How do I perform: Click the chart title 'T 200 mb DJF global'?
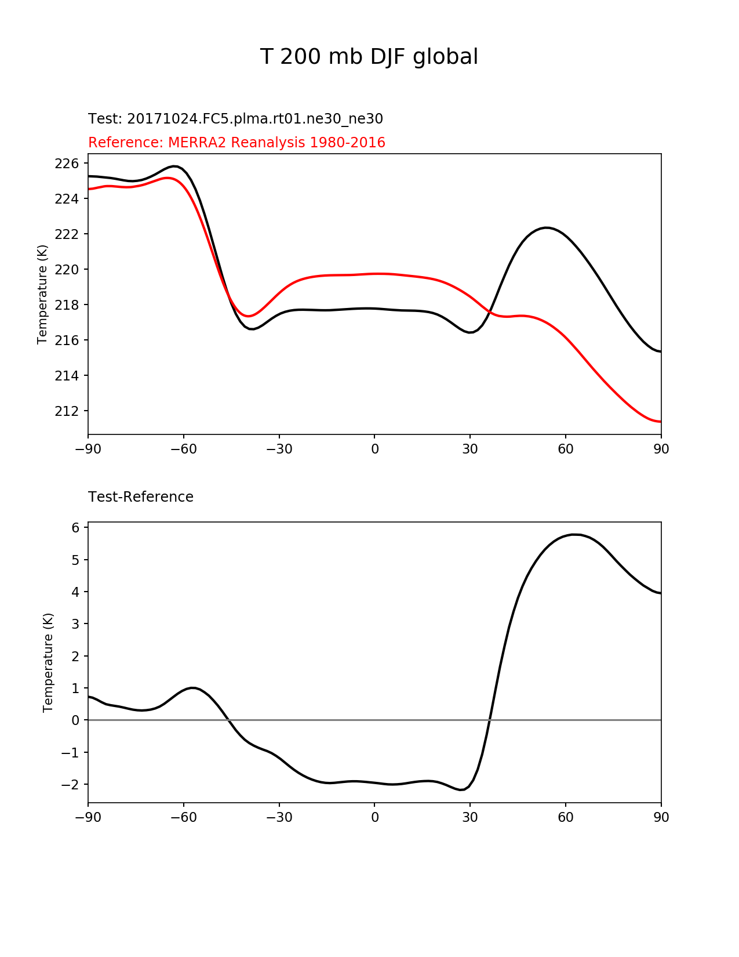click(369, 57)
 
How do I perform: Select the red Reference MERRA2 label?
click(236, 143)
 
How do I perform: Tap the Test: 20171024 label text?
click(235, 119)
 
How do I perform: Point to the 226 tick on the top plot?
click(66, 164)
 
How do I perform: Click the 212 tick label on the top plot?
click(66, 411)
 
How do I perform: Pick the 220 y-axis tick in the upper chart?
click(66, 270)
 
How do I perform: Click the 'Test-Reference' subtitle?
click(141, 497)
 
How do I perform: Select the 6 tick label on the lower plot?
click(75, 528)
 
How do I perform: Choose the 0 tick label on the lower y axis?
click(75, 720)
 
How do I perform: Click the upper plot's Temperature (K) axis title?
click(42, 294)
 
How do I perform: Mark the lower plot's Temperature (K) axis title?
click(48, 662)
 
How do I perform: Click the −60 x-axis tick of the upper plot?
click(184, 449)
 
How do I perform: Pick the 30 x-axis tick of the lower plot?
click(470, 817)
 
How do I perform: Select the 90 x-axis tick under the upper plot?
click(661, 449)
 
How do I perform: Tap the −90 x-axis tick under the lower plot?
click(88, 817)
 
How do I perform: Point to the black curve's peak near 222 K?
click(546, 227)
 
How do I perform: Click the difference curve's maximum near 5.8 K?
click(574, 534)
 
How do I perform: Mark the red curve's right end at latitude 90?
click(660, 422)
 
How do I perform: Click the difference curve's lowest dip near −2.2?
click(461, 789)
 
